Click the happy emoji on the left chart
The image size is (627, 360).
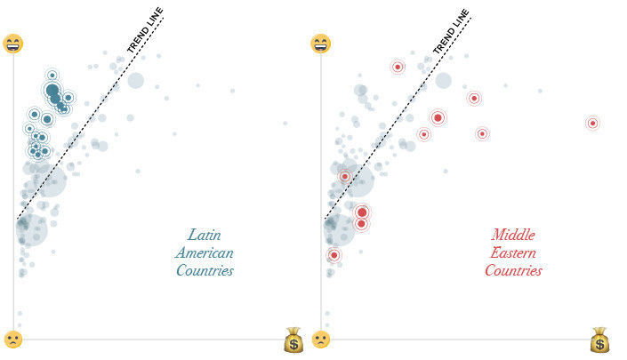coord(13,44)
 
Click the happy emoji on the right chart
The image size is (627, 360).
coord(320,44)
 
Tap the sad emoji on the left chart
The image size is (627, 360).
coord(13,340)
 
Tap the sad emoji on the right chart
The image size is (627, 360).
coord(320,340)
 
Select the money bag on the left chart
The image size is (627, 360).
coord(293,340)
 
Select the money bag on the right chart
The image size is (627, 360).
coord(600,340)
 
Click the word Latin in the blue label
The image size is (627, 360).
coord(205,236)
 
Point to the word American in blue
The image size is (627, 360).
coord(205,253)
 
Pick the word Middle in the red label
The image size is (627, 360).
coord(513,236)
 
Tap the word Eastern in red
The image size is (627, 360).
coord(513,253)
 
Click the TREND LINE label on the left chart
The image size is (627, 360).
coord(145,32)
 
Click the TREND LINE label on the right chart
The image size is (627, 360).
coord(451,32)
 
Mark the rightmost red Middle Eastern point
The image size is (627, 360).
coord(592,124)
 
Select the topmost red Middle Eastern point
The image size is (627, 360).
coord(398,67)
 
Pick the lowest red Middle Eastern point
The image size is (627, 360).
coord(334,256)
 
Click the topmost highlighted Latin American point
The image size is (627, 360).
coord(52,76)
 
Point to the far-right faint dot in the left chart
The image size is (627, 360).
coord(285,124)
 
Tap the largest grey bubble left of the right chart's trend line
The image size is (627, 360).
coord(360,180)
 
